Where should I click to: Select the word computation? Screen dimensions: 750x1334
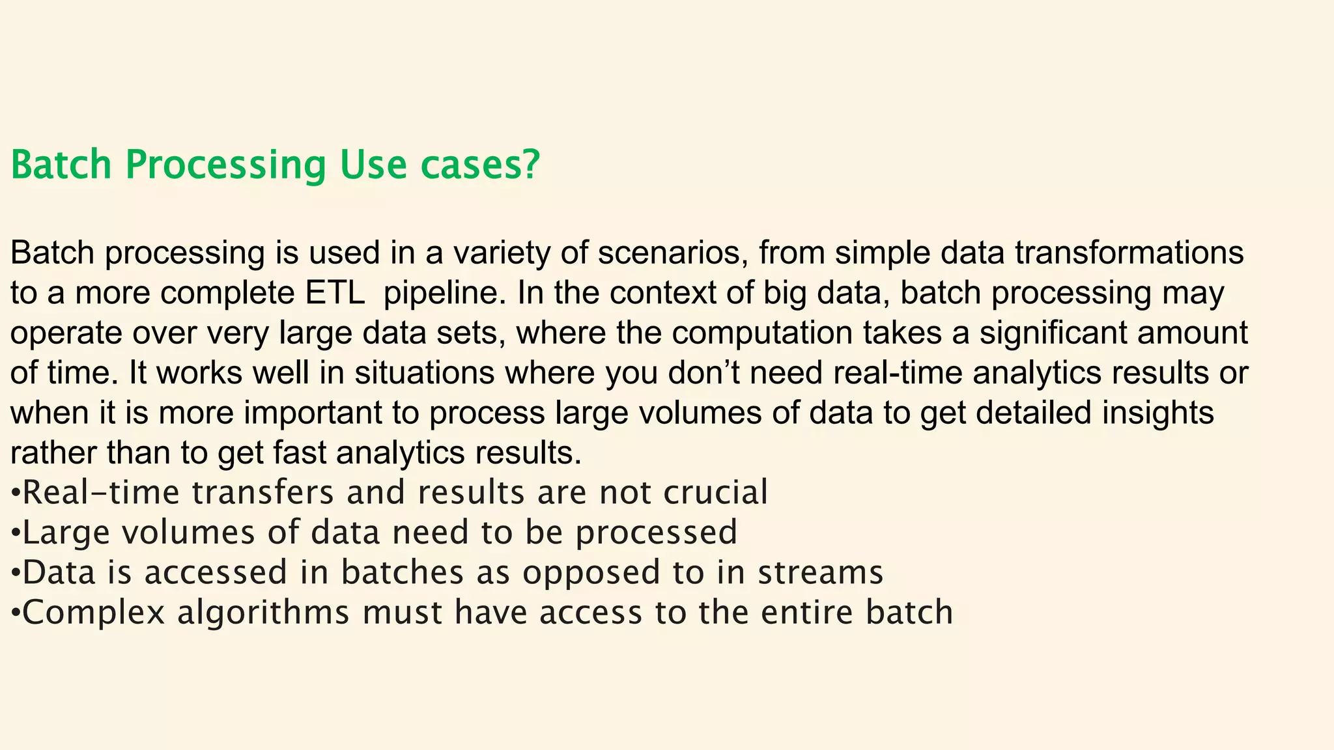click(762, 333)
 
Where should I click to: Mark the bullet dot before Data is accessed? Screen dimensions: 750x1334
click(16, 573)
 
